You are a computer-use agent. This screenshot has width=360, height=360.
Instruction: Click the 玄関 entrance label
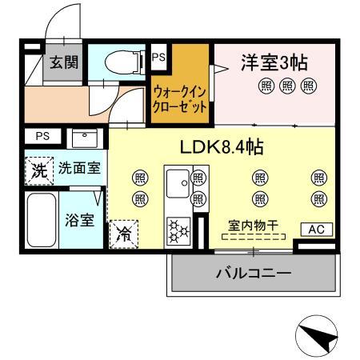pos(64,63)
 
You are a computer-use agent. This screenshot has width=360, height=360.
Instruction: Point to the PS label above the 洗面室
pos(42,136)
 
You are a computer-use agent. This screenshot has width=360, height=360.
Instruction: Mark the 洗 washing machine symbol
pos(38,170)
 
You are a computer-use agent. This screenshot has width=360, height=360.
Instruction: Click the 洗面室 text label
pos(78,169)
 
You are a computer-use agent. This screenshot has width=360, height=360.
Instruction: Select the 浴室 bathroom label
pos(78,219)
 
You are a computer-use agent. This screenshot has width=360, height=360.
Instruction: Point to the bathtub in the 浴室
pos(39,220)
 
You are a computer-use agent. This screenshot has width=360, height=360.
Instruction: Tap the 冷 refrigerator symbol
pos(124,234)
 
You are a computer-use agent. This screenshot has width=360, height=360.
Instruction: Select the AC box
pos(316,230)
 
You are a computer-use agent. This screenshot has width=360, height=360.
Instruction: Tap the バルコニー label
pos(253,273)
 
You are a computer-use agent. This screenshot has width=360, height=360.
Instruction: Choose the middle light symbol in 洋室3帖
pos(287,86)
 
